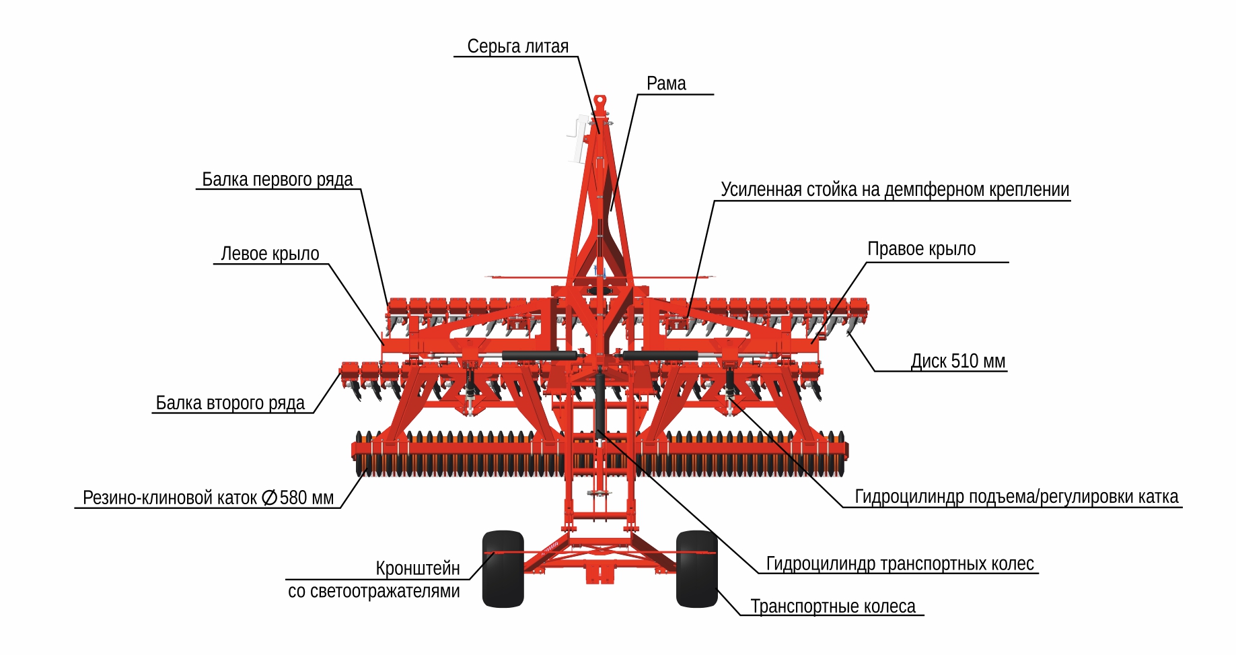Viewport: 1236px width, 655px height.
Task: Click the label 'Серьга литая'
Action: [x=517, y=46]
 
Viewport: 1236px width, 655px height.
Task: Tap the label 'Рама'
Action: [x=666, y=83]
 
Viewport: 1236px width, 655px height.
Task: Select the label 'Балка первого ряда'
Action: [x=277, y=180]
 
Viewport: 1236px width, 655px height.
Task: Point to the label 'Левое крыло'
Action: [x=270, y=254]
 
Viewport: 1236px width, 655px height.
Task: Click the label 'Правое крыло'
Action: [x=921, y=249]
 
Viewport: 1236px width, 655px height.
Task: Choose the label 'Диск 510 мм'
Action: [x=957, y=361]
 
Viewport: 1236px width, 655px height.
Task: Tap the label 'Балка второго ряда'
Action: [x=230, y=403]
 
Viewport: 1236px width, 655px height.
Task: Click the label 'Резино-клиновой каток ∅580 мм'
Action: [x=208, y=497]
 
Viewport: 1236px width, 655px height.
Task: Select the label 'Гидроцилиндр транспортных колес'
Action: [x=900, y=563]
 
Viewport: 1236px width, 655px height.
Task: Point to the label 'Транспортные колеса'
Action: [x=833, y=607]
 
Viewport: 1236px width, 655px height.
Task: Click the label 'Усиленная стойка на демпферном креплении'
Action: [x=895, y=190]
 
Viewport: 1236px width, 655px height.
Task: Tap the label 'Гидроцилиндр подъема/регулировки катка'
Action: [x=1016, y=497]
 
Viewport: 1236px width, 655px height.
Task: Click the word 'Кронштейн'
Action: [x=418, y=568]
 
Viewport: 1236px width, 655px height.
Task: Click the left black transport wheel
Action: [x=503, y=569]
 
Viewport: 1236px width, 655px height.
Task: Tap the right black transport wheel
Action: [x=696, y=569]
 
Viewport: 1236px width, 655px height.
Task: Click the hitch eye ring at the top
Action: [x=599, y=102]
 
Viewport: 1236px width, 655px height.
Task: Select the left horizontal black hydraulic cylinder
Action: [x=538, y=355]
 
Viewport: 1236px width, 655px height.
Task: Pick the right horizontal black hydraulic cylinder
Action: [x=660, y=355]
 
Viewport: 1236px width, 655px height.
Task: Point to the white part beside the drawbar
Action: [x=577, y=139]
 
